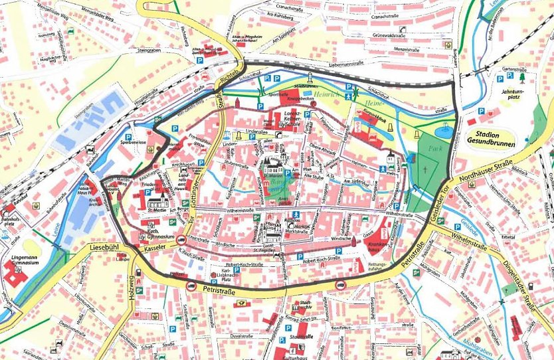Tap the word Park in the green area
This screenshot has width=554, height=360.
[435, 147]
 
